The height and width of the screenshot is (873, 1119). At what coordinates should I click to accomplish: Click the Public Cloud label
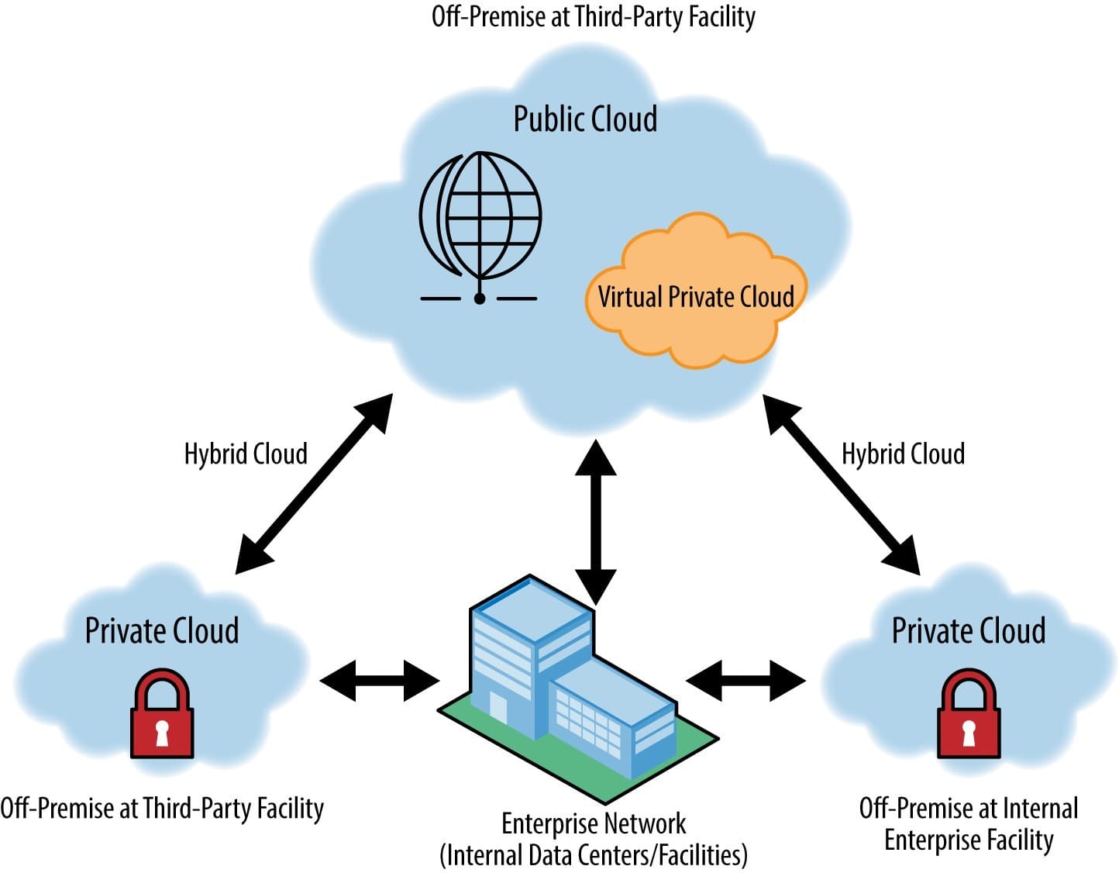pyautogui.click(x=585, y=119)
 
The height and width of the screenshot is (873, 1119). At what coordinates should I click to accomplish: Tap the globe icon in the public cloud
pyautogui.click(x=480, y=214)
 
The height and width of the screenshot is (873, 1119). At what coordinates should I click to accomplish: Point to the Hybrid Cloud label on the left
pyautogui.click(x=246, y=454)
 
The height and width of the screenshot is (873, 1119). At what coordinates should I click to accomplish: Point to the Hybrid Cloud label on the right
pyautogui.click(x=903, y=454)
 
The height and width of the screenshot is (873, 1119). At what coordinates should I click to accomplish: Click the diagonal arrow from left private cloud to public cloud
pyautogui.click(x=314, y=484)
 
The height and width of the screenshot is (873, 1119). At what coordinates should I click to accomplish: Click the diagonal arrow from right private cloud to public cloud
pyautogui.click(x=842, y=484)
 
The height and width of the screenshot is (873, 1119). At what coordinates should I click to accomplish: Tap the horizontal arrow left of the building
pyautogui.click(x=380, y=681)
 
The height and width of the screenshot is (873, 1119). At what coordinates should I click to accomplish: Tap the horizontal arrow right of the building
pyautogui.click(x=745, y=681)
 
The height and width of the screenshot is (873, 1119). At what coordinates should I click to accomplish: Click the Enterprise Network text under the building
pyautogui.click(x=594, y=823)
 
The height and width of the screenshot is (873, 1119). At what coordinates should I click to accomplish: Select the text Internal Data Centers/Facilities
pyautogui.click(x=594, y=855)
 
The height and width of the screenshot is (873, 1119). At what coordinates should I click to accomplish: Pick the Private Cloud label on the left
pyautogui.click(x=162, y=630)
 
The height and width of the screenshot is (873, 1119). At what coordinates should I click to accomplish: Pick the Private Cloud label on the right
pyautogui.click(x=969, y=630)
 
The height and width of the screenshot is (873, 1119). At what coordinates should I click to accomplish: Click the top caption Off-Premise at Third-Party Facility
pyautogui.click(x=594, y=16)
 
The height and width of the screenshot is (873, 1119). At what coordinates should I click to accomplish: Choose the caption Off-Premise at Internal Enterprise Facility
pyautogui.click(x=969, y=824)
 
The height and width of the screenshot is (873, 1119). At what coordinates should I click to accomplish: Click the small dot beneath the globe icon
pyautogui.click(x=480, y=298)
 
